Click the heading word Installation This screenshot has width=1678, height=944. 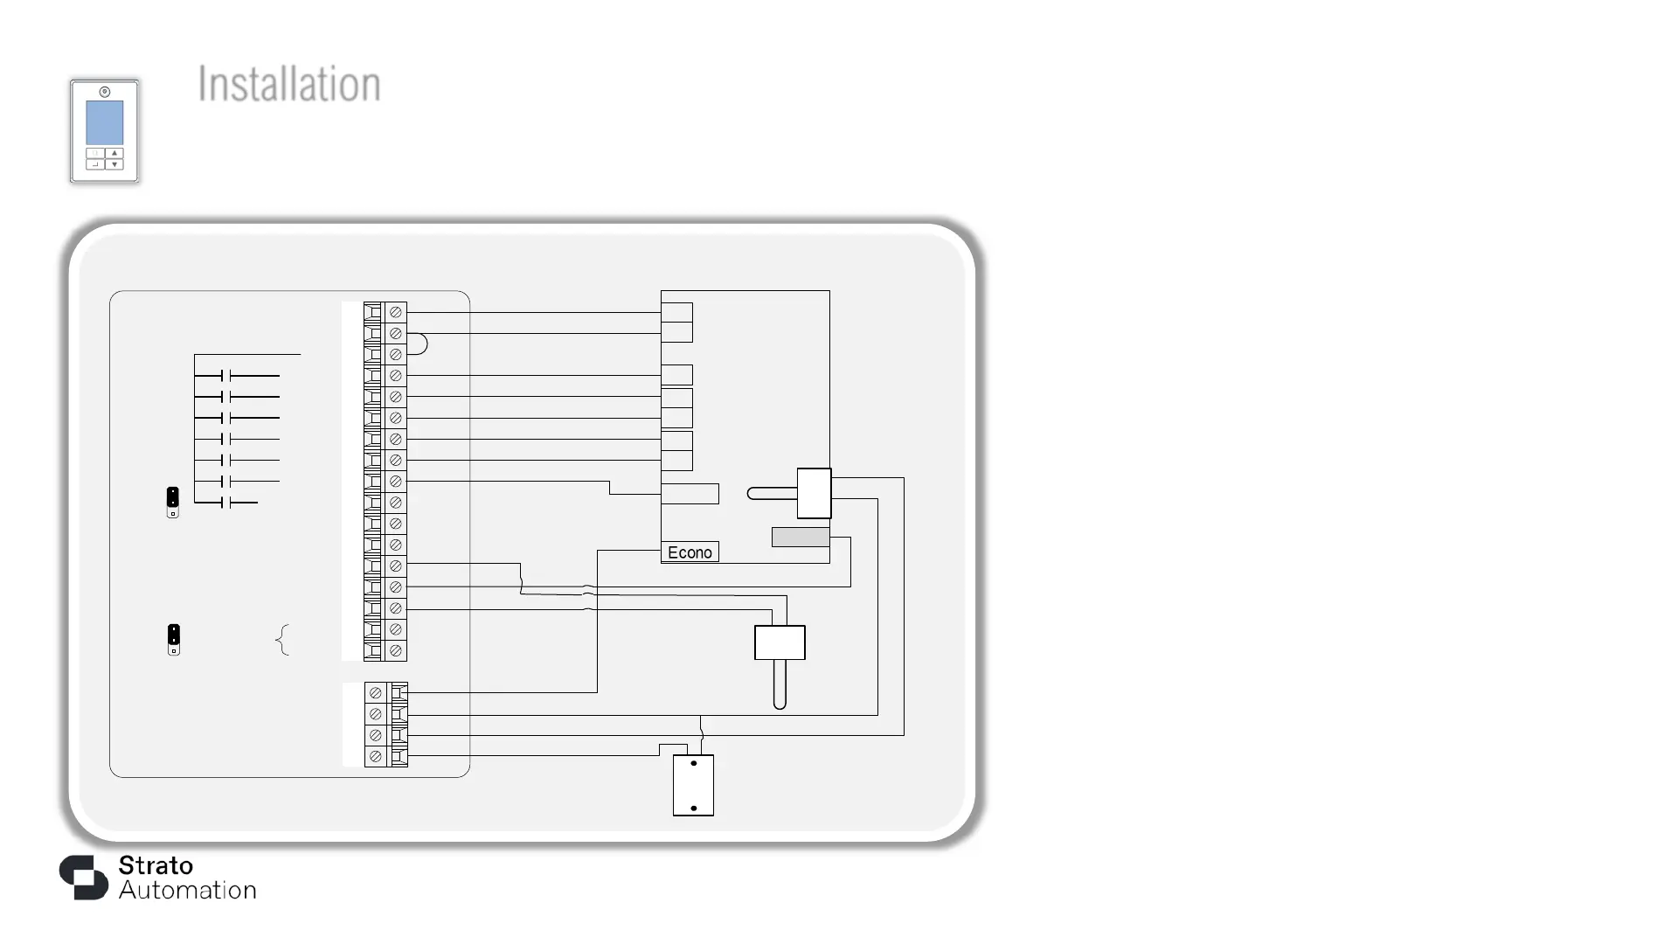coord(289,85)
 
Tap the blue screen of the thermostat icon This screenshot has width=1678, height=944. coord(104,122)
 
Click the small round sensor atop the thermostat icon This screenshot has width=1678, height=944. coord(105,92)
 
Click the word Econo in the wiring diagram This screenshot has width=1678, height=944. coord(690,552)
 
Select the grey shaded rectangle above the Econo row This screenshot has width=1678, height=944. coord(801,537)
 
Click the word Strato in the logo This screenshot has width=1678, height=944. coord(156,865)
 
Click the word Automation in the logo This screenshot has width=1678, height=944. coord(188,891)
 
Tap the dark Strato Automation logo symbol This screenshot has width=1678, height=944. coord(84,877)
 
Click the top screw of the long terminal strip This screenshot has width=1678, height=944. coord(396,312)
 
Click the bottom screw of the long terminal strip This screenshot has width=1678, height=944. coord(396,651)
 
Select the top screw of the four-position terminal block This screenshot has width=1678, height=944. coord(376,693)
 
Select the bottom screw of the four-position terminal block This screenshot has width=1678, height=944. coord(376,757)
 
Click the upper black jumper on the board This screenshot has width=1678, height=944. coord(173,498)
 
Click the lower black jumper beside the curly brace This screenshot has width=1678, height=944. coord(174,635)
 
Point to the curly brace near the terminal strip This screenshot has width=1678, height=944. coord(282,640)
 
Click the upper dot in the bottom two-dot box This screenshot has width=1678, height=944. coord(694,763)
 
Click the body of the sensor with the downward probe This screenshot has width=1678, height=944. coord(780,643)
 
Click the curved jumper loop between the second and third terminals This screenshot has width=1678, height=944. coord(419,344)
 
